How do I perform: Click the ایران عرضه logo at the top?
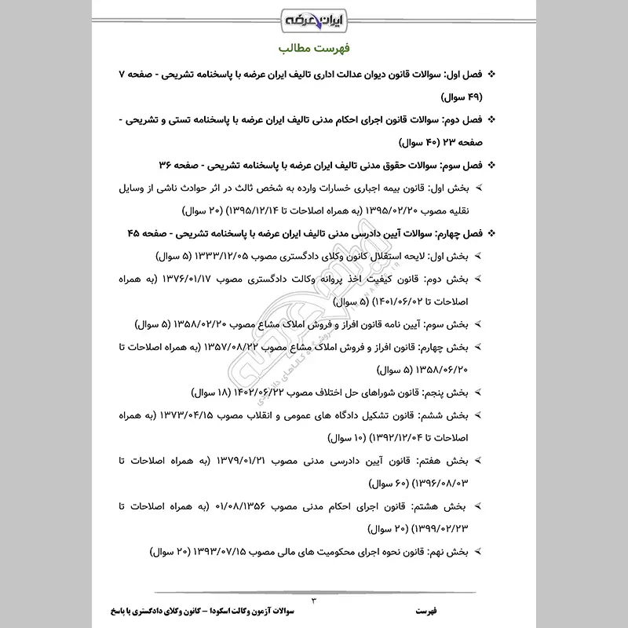click(314, 18)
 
